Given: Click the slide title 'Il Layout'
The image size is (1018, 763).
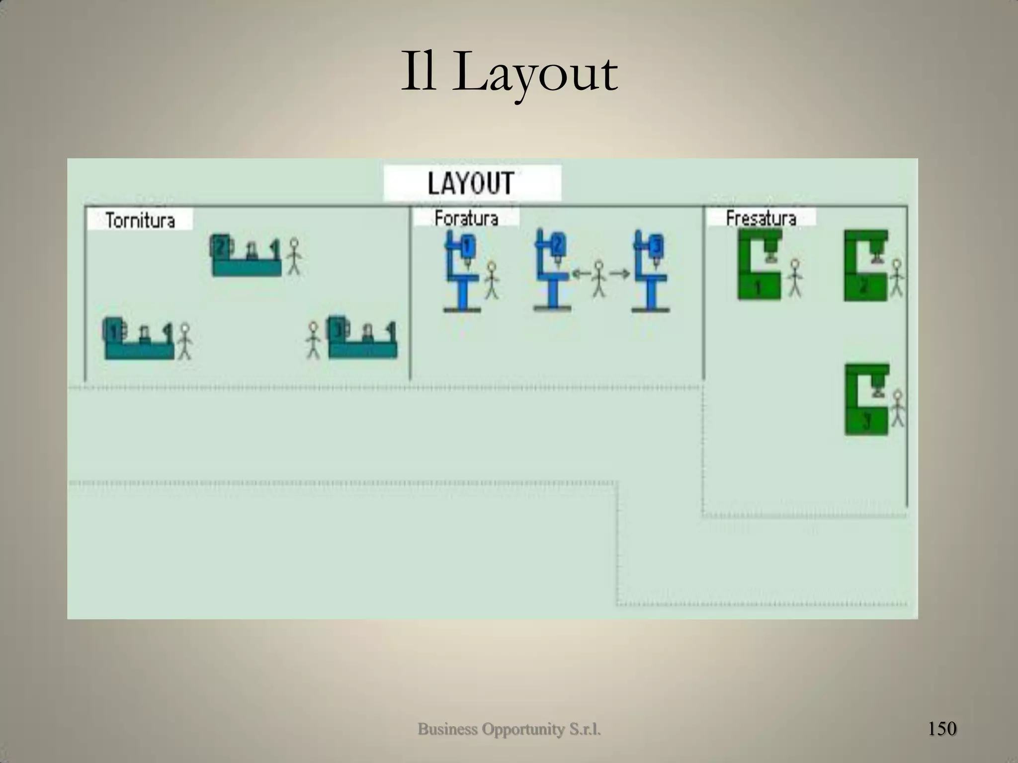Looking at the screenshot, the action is [509, 75].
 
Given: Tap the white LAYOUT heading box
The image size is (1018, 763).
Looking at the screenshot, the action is [472, 183].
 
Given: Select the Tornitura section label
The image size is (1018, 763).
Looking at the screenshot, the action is [140, 220].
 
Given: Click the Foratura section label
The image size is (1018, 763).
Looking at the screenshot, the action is [466, 218].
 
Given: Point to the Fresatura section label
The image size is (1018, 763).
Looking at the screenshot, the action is [761, 218].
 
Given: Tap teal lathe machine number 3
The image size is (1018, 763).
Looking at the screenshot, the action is [362, 337].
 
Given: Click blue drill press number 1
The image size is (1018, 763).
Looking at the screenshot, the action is [462, 271].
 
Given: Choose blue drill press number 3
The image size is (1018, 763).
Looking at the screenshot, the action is [651, 271].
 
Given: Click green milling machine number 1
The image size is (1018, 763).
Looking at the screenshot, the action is [760, 265].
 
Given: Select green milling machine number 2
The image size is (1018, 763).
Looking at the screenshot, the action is [865, 266].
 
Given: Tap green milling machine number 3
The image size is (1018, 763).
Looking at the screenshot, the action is [866, 400].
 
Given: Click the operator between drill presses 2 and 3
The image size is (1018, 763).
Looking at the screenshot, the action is [599, 279].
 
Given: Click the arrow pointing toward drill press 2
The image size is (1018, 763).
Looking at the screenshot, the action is [580, 273].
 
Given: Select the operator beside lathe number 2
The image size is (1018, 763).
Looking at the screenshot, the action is [294, 256].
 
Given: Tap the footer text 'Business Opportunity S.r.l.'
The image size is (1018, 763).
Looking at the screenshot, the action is [509, 729].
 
